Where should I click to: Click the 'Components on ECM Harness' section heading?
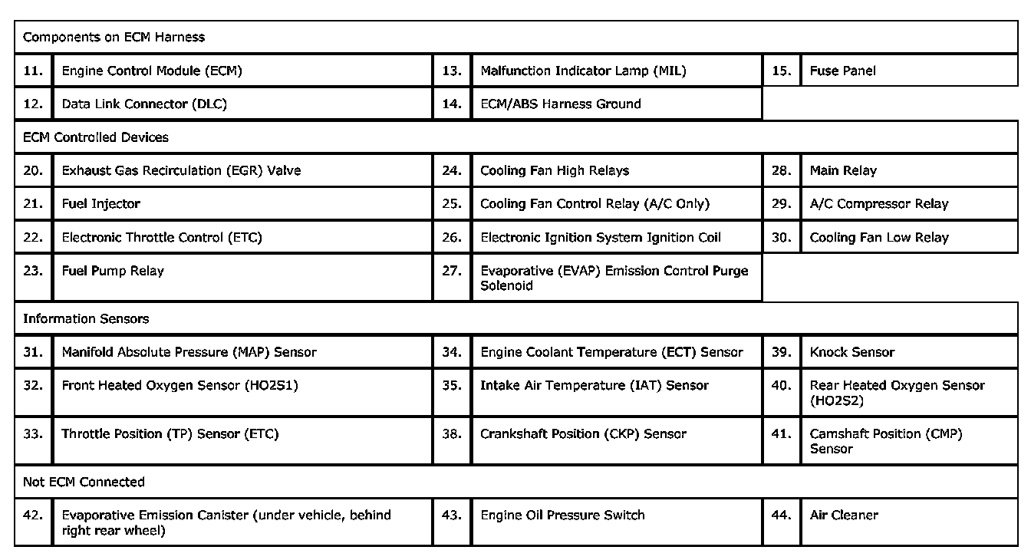point(114,37)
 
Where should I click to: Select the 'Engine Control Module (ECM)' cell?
point(151,71)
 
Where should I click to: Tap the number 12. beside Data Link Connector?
point(33,104)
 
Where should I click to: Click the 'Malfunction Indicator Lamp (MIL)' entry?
point(583,71)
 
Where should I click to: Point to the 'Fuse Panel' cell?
point(842,71)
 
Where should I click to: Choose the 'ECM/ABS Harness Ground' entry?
point(560,104)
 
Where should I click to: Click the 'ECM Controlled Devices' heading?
point(96,137)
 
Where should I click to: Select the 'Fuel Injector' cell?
point(100,203)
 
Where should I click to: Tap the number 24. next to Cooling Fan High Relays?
point(452,170)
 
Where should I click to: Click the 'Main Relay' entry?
point(843,170)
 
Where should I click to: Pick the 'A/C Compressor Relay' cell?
point(879,203)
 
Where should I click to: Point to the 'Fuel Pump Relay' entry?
point(113,271)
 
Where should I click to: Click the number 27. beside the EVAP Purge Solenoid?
point(452,271)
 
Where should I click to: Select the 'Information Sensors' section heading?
point(86,318)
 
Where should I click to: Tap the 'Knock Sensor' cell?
point(852,352)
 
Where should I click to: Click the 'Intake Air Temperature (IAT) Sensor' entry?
point(595,385)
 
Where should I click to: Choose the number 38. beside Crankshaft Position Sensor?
point(452,433)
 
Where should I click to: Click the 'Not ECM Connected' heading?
point(84,482)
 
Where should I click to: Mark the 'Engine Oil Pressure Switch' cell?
point(562,515)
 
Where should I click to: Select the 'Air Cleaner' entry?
point(844,515)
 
